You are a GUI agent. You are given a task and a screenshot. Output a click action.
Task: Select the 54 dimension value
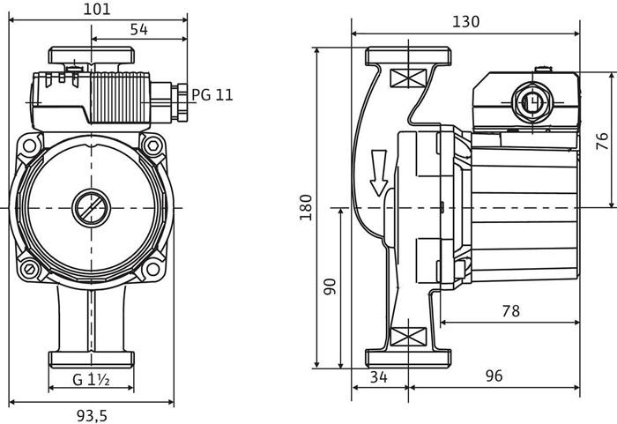(x=139, y=30)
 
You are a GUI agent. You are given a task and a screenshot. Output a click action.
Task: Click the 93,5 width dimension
(x=92, y=413)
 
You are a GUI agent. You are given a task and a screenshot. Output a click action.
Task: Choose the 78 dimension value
(x=509, y=310)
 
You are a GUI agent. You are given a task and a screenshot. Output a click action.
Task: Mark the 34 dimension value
(x=380, y=376)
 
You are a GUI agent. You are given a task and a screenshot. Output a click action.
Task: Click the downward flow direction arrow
(x=379, y=173)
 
